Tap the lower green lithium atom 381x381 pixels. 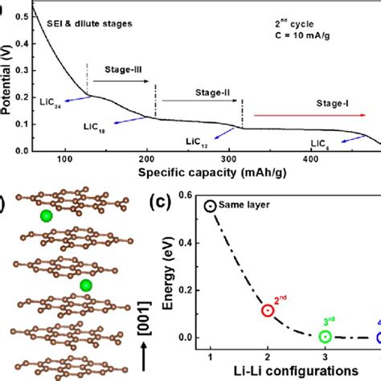coord(86,285)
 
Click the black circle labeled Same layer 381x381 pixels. coord(211,207)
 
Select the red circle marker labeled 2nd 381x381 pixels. coord(268,310)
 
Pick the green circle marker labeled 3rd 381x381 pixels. coord(325,338)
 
